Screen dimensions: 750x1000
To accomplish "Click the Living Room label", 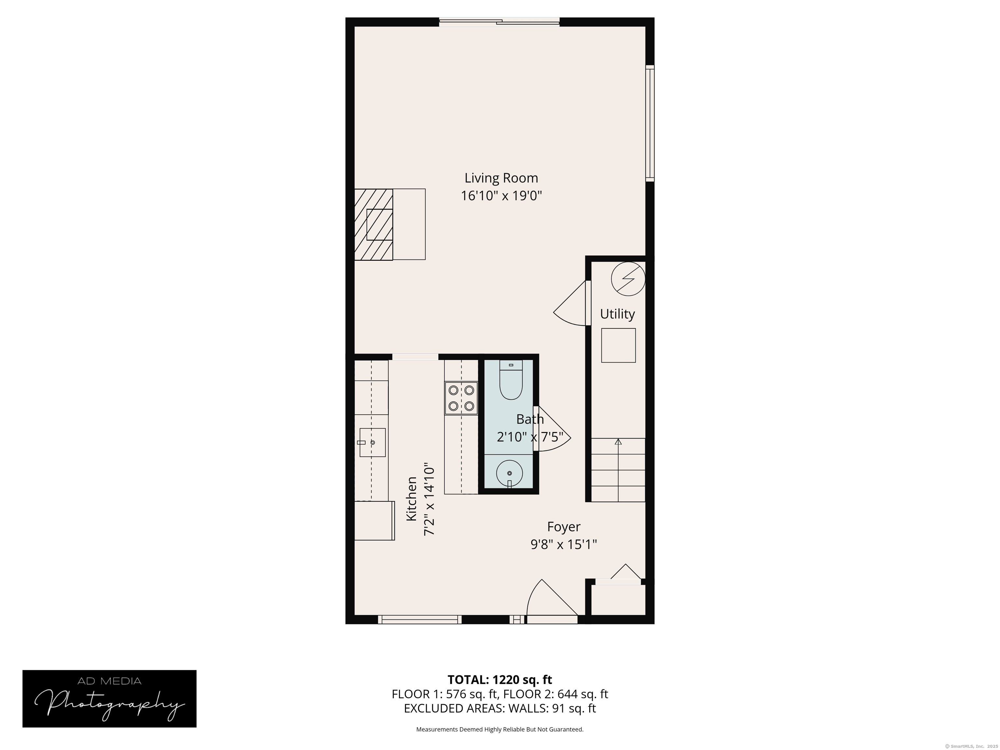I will point(501,178).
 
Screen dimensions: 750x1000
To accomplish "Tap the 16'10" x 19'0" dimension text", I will point(501,196).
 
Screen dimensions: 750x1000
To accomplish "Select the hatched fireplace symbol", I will point(373,224).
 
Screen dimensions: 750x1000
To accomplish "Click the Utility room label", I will point(617,314).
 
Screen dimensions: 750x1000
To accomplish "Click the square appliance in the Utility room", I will point(618,345).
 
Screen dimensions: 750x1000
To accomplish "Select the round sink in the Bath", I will point(509,473).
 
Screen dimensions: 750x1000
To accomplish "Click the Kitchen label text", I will point(411,499).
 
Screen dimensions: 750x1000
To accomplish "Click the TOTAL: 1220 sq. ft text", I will point(500,679).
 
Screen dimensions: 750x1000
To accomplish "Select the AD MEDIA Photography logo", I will point(109,699).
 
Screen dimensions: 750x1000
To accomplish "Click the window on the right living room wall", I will point(650,123).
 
